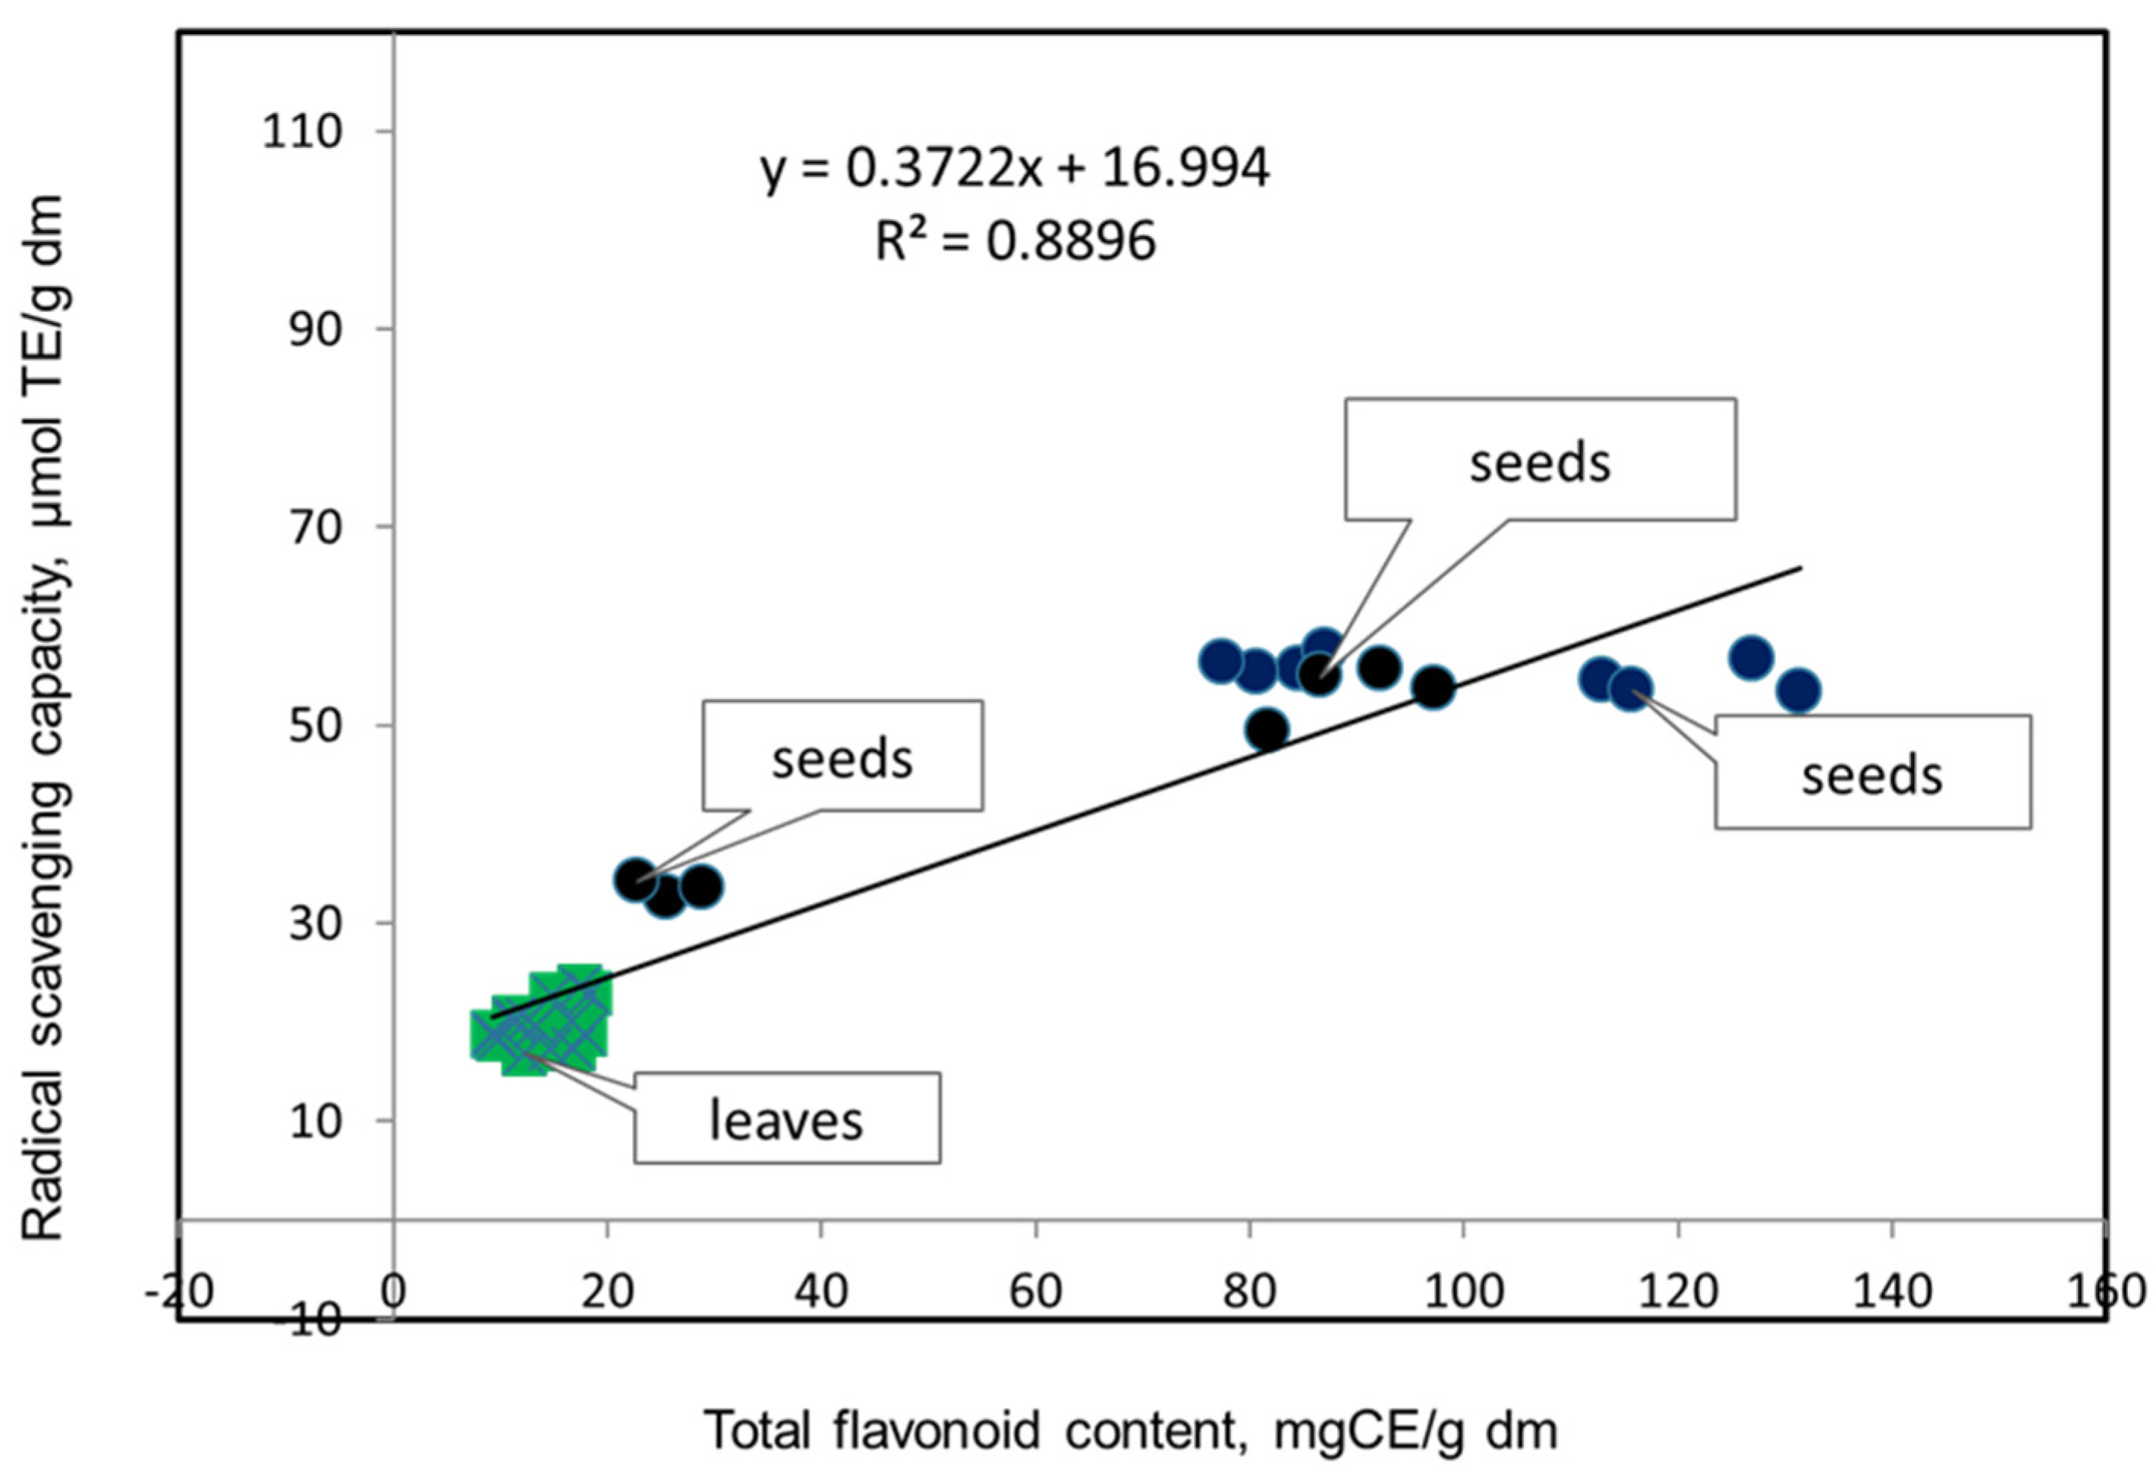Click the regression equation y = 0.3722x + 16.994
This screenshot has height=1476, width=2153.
[1015, 168]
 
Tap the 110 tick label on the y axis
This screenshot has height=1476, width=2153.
[302, 131]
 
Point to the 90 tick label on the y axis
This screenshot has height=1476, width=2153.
[315, 330]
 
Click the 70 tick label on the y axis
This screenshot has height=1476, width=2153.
[315, 527]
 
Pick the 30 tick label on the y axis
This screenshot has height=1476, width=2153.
[315, 923]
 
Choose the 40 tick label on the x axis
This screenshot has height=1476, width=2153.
[822, 1291]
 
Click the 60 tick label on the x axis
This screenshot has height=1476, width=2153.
[1035, 1291]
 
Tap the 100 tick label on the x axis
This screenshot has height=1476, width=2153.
[1463, 1291]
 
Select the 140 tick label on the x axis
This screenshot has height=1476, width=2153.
[1891, 1291]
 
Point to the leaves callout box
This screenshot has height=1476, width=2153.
[786, 1119]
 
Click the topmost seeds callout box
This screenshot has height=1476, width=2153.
[1540, 460]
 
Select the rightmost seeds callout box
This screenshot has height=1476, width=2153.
[1871, 772]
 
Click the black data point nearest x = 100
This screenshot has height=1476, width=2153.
[1433, 687]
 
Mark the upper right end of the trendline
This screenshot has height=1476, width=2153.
[1800, 567]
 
